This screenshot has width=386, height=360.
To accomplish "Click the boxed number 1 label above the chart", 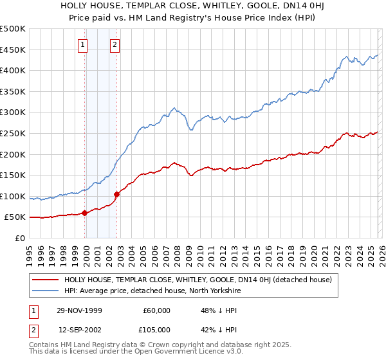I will [x=84, y=44].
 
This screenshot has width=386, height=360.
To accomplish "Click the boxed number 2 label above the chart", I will [x=115, y=44].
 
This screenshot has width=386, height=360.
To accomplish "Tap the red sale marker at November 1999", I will [x=84, y=213].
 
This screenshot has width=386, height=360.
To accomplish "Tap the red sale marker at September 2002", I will [x=116, y=194].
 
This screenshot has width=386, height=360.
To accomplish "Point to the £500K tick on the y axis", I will [x=13, y=29].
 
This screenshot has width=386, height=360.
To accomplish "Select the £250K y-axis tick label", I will [x=13, y=133].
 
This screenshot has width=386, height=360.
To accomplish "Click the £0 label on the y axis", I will [x=20, y=238].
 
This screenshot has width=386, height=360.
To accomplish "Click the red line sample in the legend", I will [x=45, y=280].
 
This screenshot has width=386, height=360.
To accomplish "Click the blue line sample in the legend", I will [x=45, y=291].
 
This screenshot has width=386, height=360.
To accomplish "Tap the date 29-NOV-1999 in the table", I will [x=82, y=310].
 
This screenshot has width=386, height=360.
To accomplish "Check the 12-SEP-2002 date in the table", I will [x=82, y=329].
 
